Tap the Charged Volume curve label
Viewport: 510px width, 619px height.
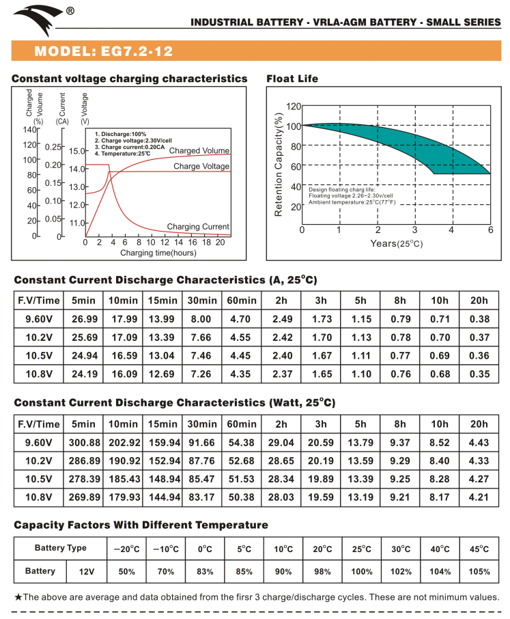pyautogui.click(x=199, y=150)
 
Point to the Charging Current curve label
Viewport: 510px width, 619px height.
pyautogui.click(x=198, y=227)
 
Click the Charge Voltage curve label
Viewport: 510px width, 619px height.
pyautogui.click(x=201, y=166)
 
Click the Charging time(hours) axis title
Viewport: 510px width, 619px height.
pyautogui.click(x=158, y=253)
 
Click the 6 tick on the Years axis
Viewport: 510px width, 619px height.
pyautogui.click(x=490, y=230)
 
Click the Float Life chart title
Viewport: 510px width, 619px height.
pyautogui.click(x=292, y=79)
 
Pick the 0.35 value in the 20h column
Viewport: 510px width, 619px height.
pyautogui.click(x=480, y=374)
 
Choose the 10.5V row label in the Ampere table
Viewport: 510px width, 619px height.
pyautogui.click(x=38, y=355)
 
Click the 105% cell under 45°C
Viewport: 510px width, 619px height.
pyautogui.click(x=480, y=571)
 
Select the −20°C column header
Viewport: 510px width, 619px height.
pyautogui.click(x=126, y=549)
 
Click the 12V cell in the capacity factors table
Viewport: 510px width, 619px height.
pyautogui.click(x=85, y=571)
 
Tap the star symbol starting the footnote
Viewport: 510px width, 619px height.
pyautogui.click(x=18, y=597)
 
